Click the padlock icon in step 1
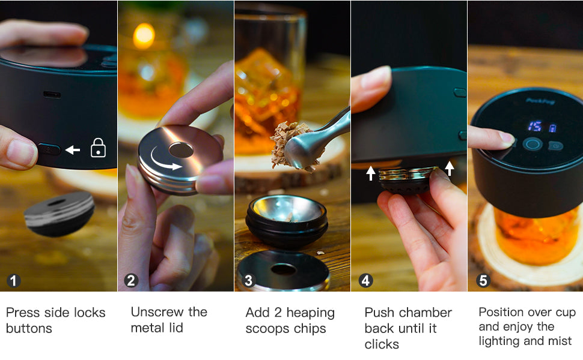click(x=98, y=148)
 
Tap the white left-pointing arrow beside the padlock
click(x=73, y=150)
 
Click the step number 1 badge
click(x=13, y=281)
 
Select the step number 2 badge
click(x=131, y=281)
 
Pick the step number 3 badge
click(x=248, y=281)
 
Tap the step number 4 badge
click(x=365, y=281)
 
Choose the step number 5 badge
click(x=483, y=281)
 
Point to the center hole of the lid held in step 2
click(x=181, y=151)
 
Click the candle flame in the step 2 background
click(x=144, y=35)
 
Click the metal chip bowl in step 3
click(x=286, y=219)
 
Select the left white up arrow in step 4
click(x=371, y=173)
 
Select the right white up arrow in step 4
click(x=450, y=168)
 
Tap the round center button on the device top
click(x=533, y=144)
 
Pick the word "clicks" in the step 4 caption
click(x=382, y=344)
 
